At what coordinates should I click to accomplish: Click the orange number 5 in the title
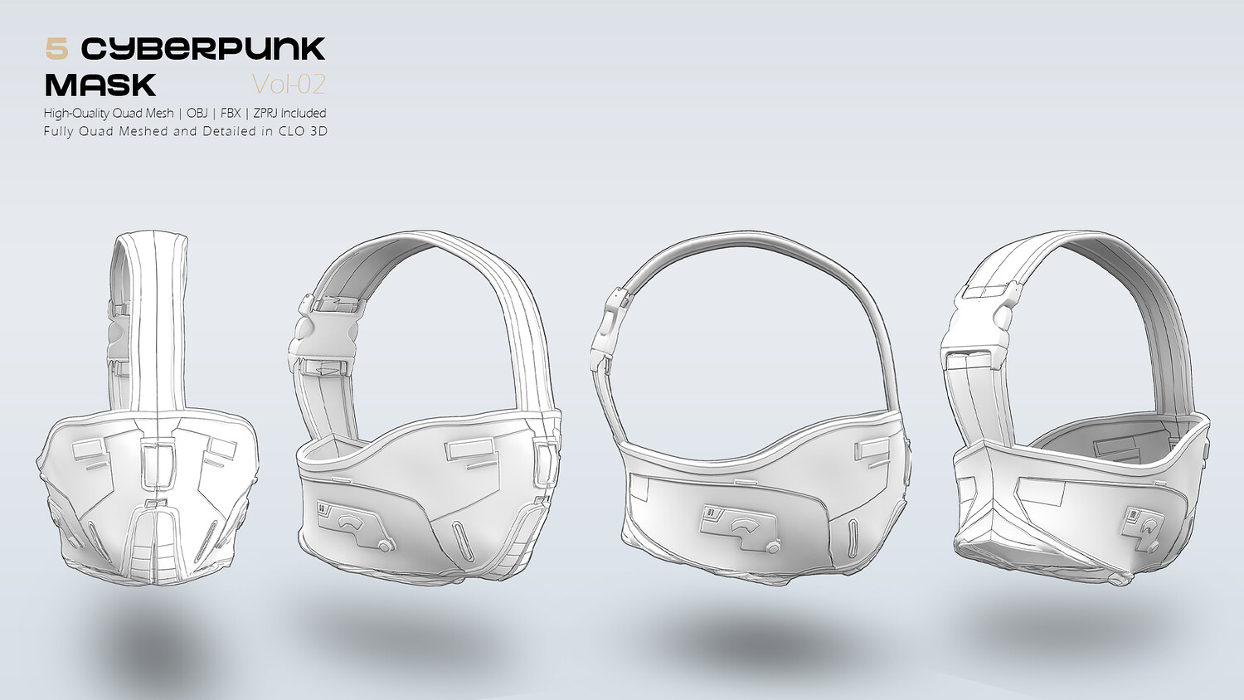point(56,49)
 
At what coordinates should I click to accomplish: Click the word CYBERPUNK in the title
point(203,49)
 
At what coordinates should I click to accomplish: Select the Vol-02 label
point(289,85)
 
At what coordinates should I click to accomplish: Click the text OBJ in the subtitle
point(197,113)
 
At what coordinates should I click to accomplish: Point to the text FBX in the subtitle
point(231,113)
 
